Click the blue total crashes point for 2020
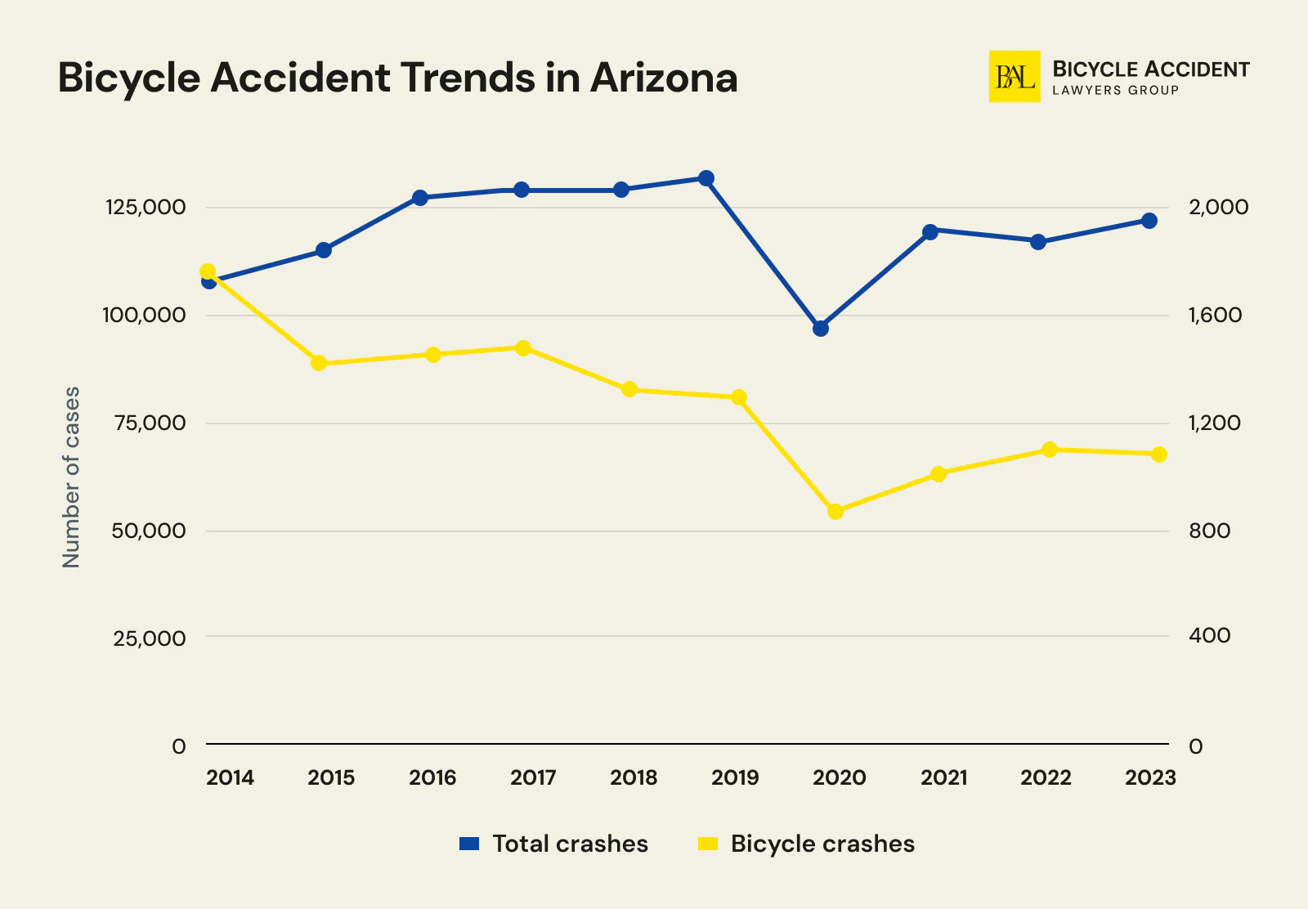click(x=821, y=329)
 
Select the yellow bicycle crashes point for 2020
click(x=835, y=512)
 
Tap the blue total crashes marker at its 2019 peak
click(x=706, y=178)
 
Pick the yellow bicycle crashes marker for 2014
click(x=208, y=271)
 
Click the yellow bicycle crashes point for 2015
click(x=320, y=363)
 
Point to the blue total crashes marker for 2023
click(x=1149, y=221)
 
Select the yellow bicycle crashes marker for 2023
click(x=1159, y=454)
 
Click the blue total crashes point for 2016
click(x=420, y=198)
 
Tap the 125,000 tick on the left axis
click(x=146, y=208)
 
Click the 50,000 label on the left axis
click(x=149, y=531)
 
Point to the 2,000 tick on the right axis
click(x=1218, y=208)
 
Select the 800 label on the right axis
click(x=1209, y=531)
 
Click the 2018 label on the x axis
click(x=634, y=777)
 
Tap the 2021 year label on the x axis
click(x=943, y=777)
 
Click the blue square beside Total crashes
click(x=469, y=844)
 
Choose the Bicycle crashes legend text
click(x=822, y=844)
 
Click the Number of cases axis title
click(x=72, y=477)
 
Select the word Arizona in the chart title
click(x=664, y=78)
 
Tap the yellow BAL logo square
click(x=1015, y=77)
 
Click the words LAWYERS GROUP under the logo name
click(x=1115, y=91)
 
